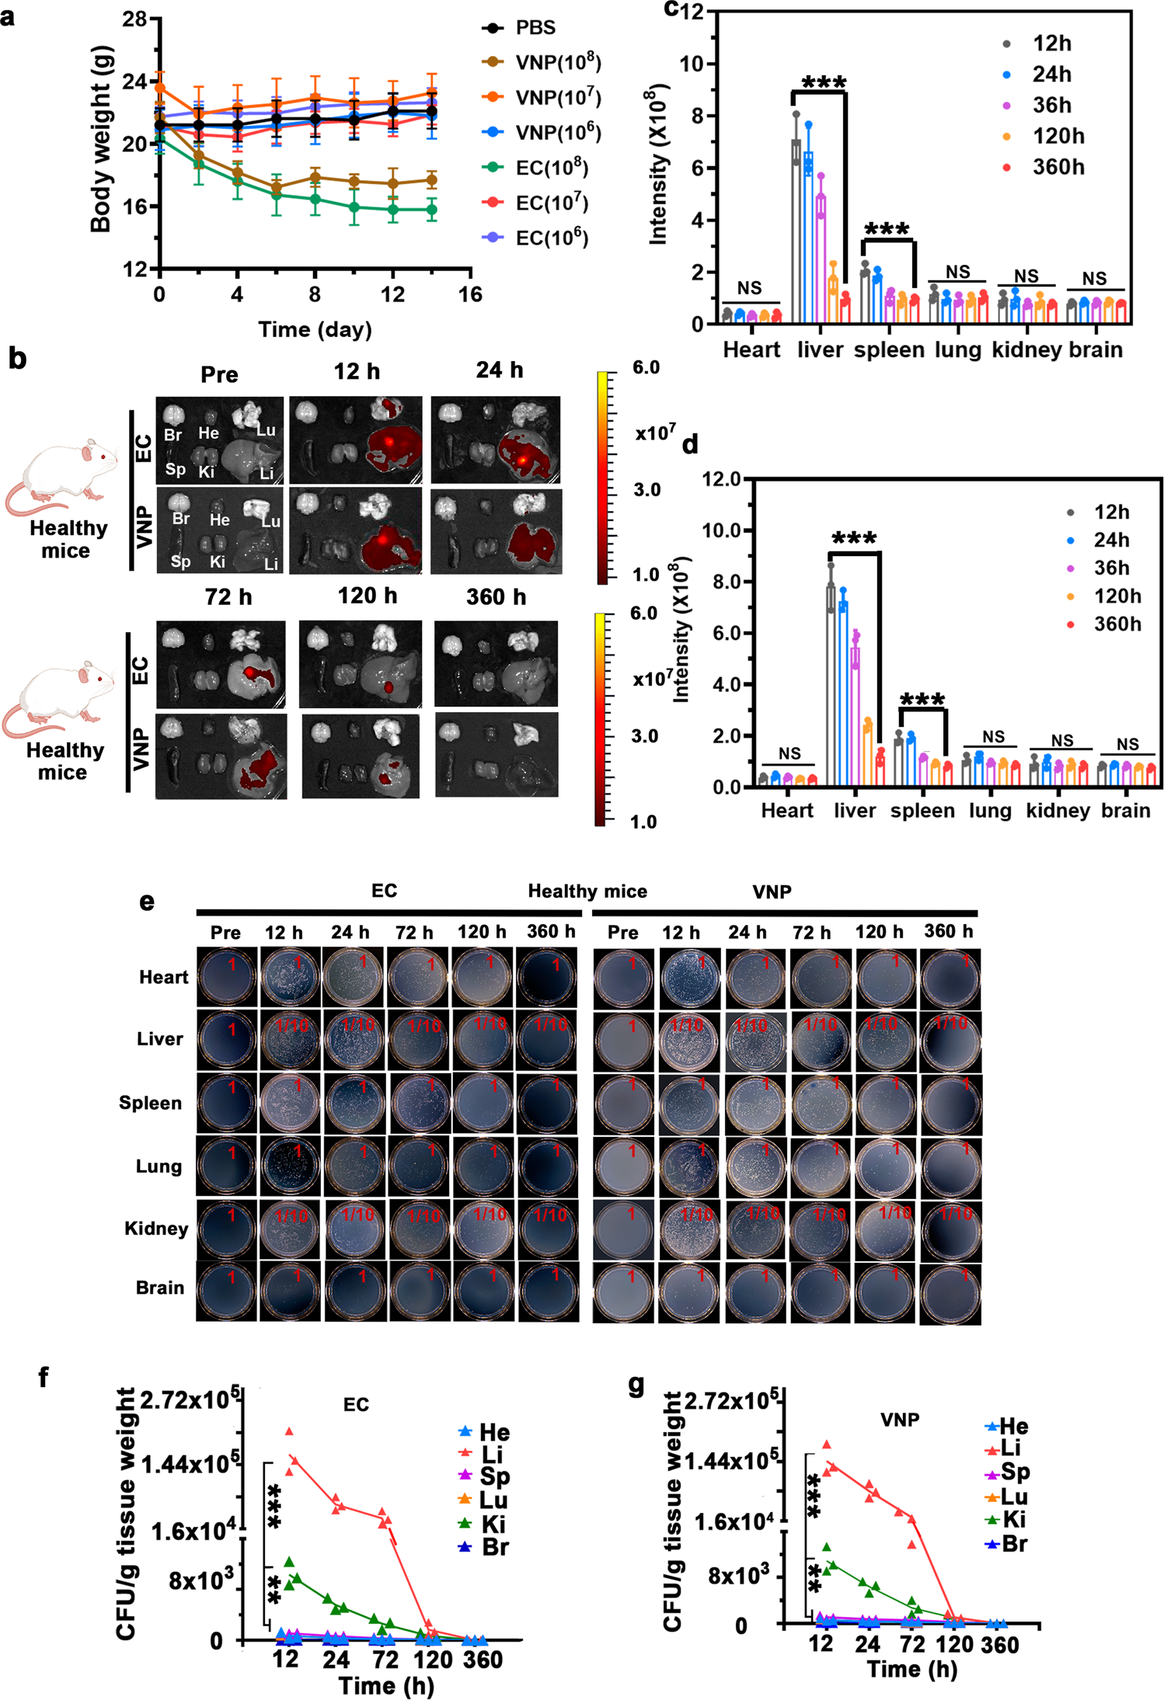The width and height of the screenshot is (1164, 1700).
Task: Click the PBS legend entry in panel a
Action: coord(535,28)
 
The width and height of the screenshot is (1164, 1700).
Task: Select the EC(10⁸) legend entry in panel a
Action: coord(551,168)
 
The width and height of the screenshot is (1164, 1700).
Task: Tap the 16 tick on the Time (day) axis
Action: coord(470,295)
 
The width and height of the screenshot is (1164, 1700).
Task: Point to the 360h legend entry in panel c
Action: coord(1058,167)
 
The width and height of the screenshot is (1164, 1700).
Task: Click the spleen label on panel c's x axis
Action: coord(889,350)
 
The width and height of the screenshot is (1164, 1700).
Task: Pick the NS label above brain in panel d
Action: coord(1127,744)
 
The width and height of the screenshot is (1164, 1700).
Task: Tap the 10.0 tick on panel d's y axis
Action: coord(722,530)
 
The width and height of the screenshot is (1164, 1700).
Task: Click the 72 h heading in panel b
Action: coord(228,597)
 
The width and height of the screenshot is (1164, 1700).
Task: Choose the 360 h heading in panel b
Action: coord(496,597)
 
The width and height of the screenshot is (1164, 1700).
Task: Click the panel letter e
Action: coord(147,902)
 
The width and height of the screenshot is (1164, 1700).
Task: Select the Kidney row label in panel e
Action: coord(156,1229)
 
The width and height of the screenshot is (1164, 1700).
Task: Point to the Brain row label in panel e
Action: coord(160,1288)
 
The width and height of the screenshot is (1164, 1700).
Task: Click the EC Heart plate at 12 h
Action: coord(290,976)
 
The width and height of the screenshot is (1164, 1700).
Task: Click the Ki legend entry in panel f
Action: coord(493,1524)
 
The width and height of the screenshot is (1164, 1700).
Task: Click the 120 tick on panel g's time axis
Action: coord(953,1644)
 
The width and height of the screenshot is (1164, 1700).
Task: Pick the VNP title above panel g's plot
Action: coord(900,1420)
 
